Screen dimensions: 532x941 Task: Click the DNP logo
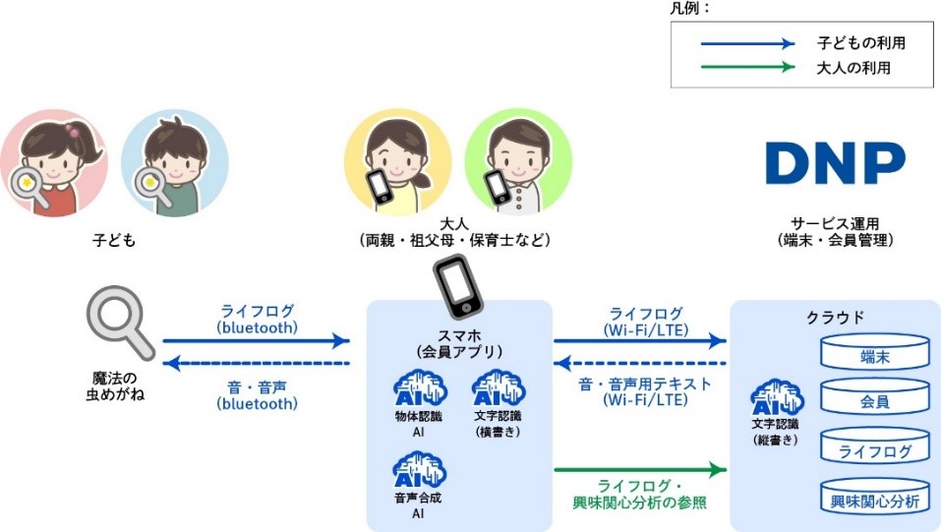(836, 163)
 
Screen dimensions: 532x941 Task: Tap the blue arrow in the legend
(746, 44)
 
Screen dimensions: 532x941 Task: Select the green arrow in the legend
(746, 68)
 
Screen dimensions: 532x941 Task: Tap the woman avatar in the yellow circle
(397, 162)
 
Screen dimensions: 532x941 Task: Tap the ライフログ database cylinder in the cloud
(875, 448)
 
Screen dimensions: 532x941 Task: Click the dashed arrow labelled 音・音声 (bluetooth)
(256, 363)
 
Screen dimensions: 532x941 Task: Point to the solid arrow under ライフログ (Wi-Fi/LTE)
(640, 341)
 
